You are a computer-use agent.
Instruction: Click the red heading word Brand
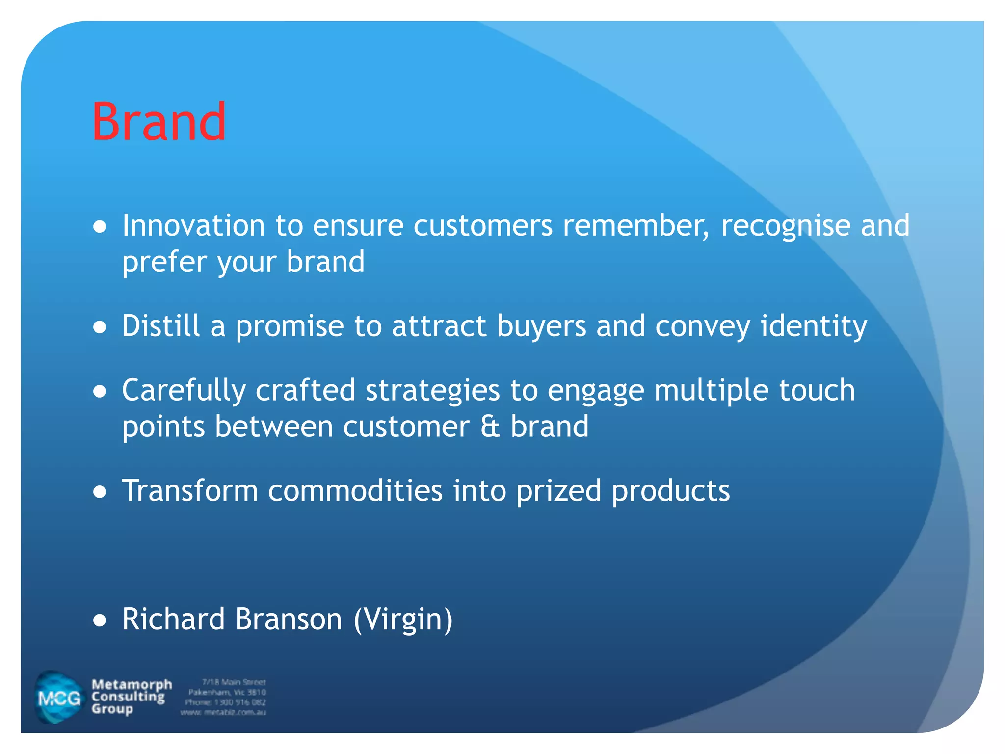click(159, 121)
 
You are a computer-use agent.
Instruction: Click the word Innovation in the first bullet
click(193, 226)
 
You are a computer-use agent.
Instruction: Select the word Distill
click(161, 326)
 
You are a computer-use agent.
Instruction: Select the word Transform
click(190, 490)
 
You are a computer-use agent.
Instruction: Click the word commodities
click(355, 490)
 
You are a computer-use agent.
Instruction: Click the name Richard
click(173, 619)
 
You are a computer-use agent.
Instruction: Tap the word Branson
click(288, 619)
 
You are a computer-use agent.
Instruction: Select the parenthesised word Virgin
click(403, 620)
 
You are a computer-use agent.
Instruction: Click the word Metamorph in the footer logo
click(132, 684)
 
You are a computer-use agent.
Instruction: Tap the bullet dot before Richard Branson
click(100, 620)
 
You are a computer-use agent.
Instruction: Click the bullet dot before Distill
click(100, 327)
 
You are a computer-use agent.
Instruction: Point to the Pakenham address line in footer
click(227, 692)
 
